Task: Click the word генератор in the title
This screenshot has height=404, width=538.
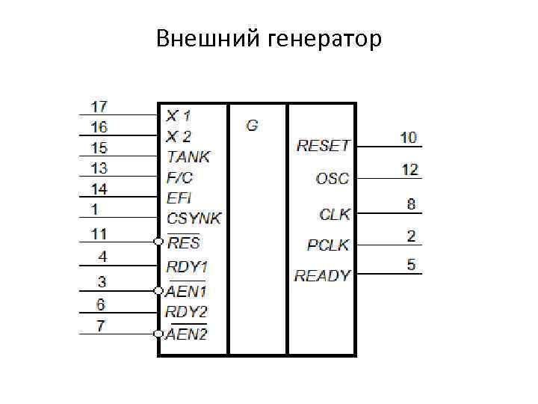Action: pyautogui.click(x=324, y=38)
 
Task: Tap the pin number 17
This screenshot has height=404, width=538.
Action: pyautogui.click(x=99, y=106)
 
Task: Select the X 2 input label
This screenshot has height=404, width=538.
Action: pyautogui.click(x=179, y=136)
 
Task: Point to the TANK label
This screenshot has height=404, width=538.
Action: pyautogui.click(x=188, y=156)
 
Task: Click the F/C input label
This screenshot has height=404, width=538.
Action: pyautogui.click(x=179, y=177)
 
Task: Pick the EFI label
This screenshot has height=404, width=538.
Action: pyautogui.click(x=179, y=198)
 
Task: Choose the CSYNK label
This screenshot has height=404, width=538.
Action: pyautogui.click(x=194, y=218)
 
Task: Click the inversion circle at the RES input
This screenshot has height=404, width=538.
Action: pyautogui.click(x=158, y=242)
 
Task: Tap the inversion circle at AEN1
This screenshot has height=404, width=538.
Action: pyautogui.click(x=158, y=290)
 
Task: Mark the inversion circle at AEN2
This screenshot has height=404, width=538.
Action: pyautogui.click(x=158, y=333)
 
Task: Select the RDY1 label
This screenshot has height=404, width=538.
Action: pyautogui.click(x=187, y=266)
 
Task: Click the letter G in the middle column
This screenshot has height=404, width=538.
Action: pyautogui.click(x=252, y=126)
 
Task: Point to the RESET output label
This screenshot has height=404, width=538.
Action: pyautogui.click(x=323, y=145)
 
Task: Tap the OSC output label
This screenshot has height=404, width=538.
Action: pyautogui.click(x=333, y=179)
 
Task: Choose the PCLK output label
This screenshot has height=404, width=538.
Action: pyautogui.click(x=328, y=245)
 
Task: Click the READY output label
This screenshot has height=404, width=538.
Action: pyautogui.click(x=322, y=275)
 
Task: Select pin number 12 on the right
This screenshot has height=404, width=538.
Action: pyautogui.click(x=409, y=170)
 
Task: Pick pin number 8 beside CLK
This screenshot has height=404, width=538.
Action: pyautogui.click(x=411, y=203)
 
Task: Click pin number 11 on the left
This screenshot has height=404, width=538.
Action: pyautogui.click(x=99, y=233)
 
